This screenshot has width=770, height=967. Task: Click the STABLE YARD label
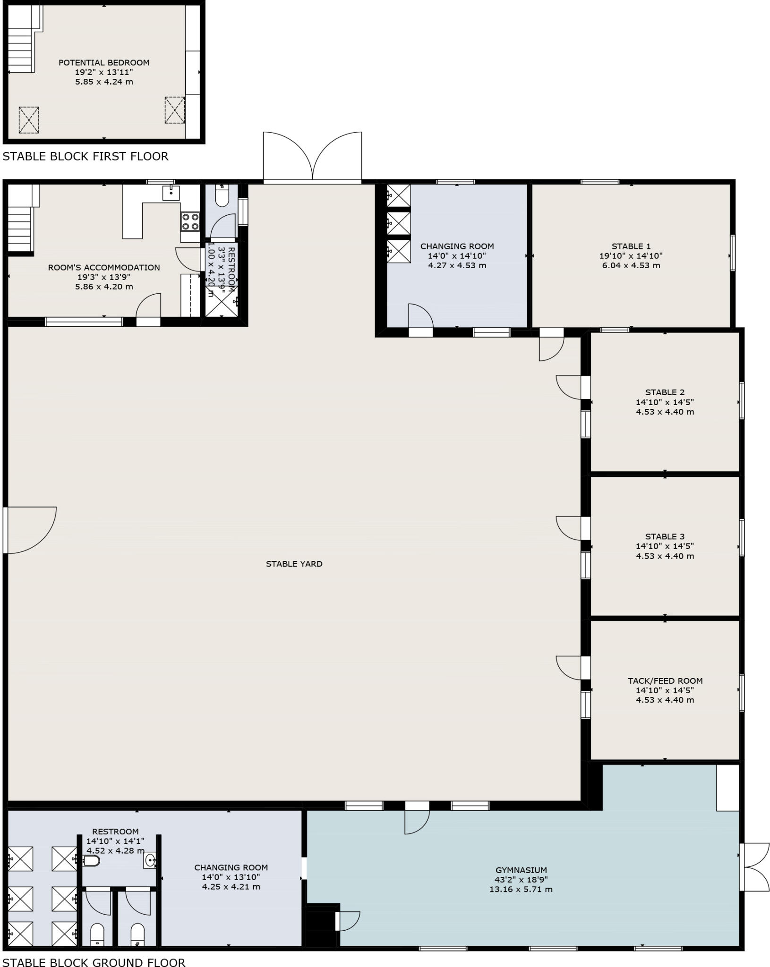(294, 564)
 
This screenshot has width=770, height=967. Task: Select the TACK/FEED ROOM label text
(665, 681)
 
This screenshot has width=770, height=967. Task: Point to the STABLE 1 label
(631, 246)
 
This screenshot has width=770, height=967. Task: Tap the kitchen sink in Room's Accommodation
(171, 193)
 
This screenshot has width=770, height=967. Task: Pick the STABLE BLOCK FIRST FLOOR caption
(86, 156)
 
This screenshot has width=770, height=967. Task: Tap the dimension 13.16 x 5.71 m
(521, 890)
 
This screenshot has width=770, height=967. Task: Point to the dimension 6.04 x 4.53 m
(631, 265)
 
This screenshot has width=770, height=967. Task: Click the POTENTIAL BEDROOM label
(104, 62)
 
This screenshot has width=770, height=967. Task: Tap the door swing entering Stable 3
(569, 528)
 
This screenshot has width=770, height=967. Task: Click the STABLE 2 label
(665, 392)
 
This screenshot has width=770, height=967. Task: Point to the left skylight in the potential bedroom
(29, 120)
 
